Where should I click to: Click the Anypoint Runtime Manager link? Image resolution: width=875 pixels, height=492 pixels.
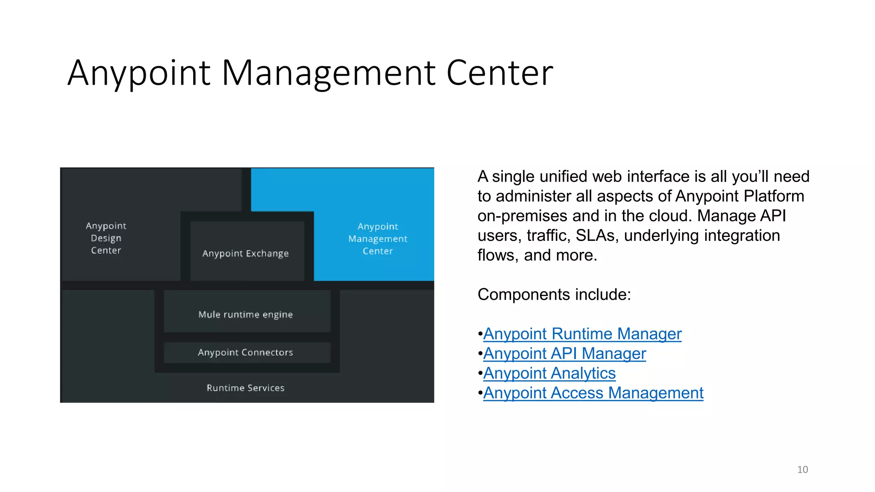click(582, 334)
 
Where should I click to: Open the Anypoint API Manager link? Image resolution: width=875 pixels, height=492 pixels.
click(564, 354)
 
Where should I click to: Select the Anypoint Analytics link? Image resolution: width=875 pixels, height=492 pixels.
click(549, 373)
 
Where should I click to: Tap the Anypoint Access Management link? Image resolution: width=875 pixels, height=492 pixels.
click(593, 393)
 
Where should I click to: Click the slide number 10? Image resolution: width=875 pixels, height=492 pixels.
click(802, 469)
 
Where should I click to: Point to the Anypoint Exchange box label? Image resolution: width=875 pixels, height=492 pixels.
click(246, 253)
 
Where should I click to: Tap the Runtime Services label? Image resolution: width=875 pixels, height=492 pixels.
click(246, 388)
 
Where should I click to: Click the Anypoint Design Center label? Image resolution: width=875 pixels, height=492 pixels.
click(106, 238)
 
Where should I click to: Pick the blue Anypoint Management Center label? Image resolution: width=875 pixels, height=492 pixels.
click(378, 239)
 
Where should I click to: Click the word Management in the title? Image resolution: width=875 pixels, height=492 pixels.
click(329, 73)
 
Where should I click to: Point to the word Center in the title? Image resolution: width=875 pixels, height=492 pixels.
click(499, 73)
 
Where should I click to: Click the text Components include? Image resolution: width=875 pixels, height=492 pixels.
click(554, 295)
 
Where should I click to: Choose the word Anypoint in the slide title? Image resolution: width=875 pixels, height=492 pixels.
click(139, 73)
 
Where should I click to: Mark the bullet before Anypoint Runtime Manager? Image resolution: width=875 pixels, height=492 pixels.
click(480, 334)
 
